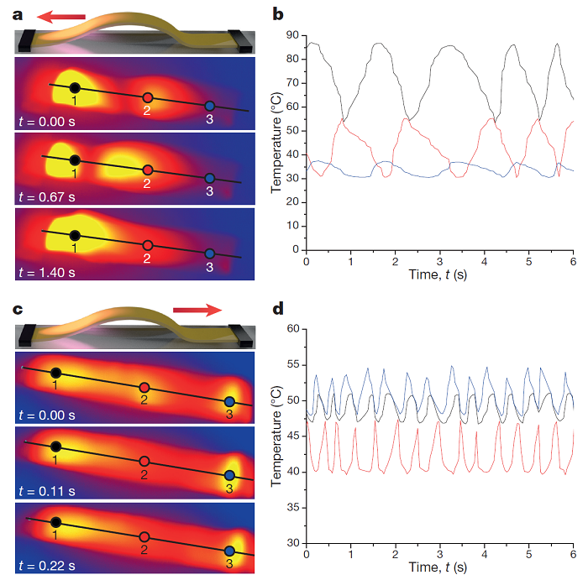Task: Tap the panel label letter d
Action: [x=279, y=307]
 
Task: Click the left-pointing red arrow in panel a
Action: [x=63, y=15]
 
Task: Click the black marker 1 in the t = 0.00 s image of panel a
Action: [x=75, y=87]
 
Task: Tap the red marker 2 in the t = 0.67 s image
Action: [x=148, y=170]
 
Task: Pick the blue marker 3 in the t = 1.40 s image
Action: [x=210, y=253]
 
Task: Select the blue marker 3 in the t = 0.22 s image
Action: [x=229, y=551]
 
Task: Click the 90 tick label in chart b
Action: [x=291, y=35]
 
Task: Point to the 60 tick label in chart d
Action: [x=291, y=329]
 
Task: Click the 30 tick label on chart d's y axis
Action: [x=291, y=543]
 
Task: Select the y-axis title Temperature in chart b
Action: [x=276, y=142]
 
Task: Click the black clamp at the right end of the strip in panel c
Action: [x=244, y=333]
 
